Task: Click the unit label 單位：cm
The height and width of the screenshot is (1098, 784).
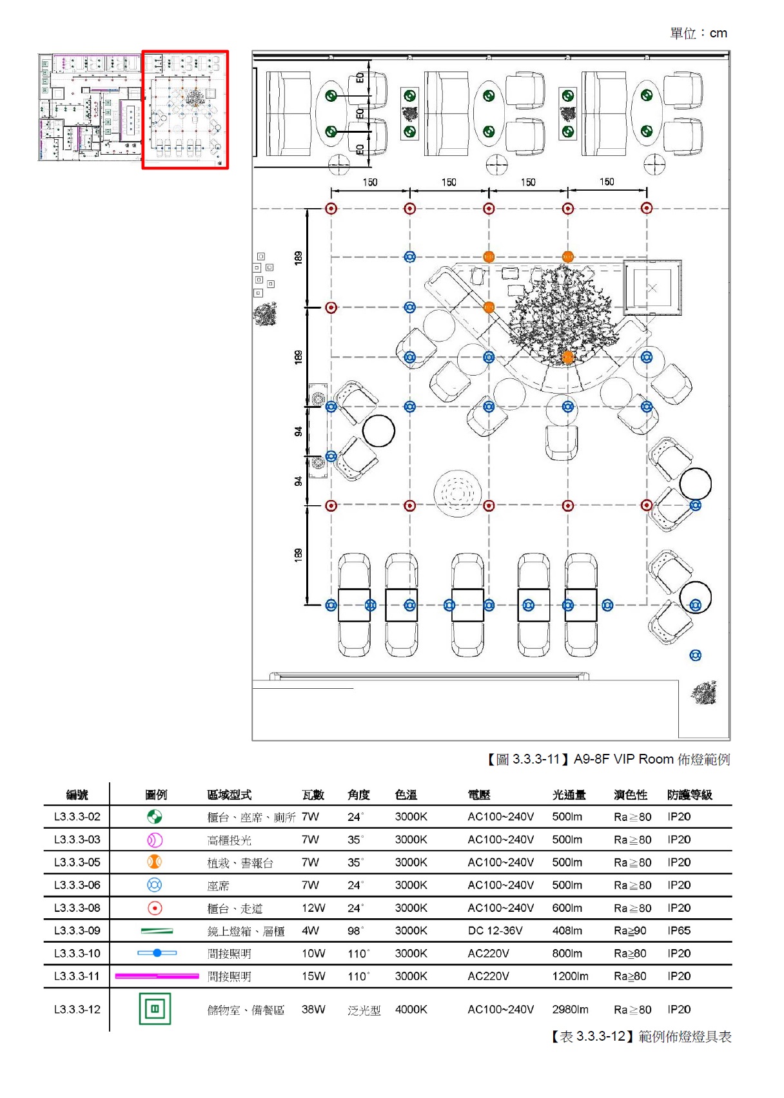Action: coord(698,34)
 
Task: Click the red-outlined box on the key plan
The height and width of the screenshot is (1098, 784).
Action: coord(185,110)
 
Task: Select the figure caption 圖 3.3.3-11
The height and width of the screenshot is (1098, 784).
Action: coord(607,759)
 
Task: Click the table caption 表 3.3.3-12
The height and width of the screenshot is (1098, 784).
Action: coord(641,1036)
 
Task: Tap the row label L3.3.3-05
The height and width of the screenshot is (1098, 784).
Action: coord(77,862)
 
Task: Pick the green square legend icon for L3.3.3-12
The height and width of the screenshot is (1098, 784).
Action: coord(155,1009)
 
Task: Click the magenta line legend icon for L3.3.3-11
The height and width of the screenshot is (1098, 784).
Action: coord(157,976)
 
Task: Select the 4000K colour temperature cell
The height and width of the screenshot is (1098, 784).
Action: coord(411,1009)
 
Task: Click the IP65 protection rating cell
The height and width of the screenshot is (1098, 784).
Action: coord(679,930)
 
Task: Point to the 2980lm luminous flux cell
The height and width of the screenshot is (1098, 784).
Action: coord(570,1009)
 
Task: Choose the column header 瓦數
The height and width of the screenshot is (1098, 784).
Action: coord(313,795)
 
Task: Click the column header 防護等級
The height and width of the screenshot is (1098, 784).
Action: coord(689,795)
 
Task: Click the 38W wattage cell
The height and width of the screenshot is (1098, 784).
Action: coord(313,1009)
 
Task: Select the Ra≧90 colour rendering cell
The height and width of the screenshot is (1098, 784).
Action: coord(630,930)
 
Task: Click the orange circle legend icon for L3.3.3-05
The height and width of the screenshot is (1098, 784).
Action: coord(154,862)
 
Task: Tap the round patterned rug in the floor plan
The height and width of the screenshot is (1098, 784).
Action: coord(457,494)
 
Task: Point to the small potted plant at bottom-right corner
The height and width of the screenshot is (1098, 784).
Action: coord(704,693)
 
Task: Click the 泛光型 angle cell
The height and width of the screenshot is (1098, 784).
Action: coord(364,1010)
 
